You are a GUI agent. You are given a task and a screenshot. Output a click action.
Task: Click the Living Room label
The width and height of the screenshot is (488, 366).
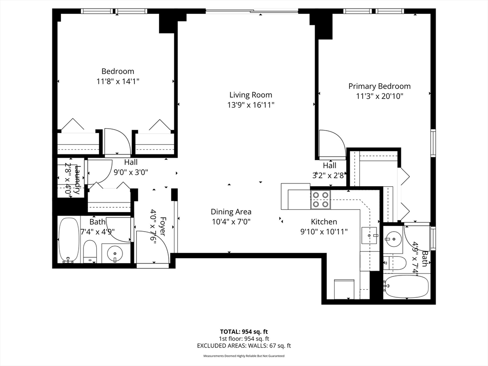point(251,95)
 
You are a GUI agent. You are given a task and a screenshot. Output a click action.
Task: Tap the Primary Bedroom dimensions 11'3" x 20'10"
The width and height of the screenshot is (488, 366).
point(379,96)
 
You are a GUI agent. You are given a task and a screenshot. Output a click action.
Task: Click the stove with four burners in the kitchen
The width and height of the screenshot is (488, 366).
point(321,199)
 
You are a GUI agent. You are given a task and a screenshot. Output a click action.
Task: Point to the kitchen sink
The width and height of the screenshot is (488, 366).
point(370,235)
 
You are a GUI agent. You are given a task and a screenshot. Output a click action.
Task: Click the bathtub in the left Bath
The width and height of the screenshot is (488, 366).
point(69,240)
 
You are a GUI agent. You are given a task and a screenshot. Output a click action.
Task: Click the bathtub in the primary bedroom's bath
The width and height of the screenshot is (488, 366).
point(407,286)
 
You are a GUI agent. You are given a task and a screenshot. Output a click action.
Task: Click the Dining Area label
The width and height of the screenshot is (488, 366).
point(231,212)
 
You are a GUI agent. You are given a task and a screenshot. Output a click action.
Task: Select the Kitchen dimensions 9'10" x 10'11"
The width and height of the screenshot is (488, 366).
point(324,232)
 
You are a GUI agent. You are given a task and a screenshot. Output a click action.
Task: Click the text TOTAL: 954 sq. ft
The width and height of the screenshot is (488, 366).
point(244,331)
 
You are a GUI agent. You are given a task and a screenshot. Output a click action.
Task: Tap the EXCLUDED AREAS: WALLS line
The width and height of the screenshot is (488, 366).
point(244,346)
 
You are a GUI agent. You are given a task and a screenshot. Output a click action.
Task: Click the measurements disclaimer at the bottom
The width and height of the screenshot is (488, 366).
point(244,356)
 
